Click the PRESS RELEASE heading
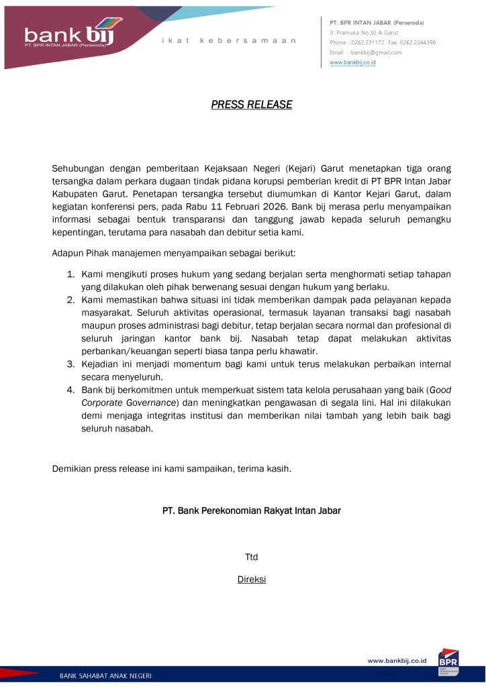click(x=252, y=105)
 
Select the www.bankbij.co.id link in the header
click(x=352, y=62)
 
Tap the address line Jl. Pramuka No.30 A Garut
click(x=364, y=32)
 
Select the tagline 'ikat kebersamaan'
click(x=229, y=41)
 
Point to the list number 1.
click(x=70, y=274)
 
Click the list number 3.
click(x=70, y=364)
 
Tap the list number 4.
click(x=70, y=389)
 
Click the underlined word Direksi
click(x=252, y=580)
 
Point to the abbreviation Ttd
click(x=252, y=557)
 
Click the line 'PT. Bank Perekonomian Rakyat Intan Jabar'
click(x=252, y=511)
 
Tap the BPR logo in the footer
click(x=448, y=660)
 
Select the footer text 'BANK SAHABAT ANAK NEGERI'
click(x=105, y=675)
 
